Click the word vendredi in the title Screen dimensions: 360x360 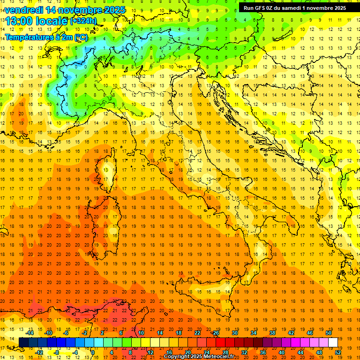pos(24,10)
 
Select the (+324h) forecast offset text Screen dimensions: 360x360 pos(83,21)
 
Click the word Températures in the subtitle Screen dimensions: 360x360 pos(27,37)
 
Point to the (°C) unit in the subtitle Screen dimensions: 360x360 pos(80,37)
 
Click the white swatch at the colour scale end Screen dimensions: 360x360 pos(333,342)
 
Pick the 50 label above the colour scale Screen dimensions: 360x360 pos(328,333)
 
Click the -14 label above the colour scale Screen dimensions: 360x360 pos(30,333)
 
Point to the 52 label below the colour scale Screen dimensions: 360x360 pos(337,352)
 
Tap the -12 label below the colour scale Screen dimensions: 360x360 pos(39,352)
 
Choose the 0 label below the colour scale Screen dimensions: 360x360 pos(93,352)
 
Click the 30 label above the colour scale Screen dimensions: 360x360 pos(234,333)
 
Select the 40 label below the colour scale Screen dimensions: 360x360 pos(281,352)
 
